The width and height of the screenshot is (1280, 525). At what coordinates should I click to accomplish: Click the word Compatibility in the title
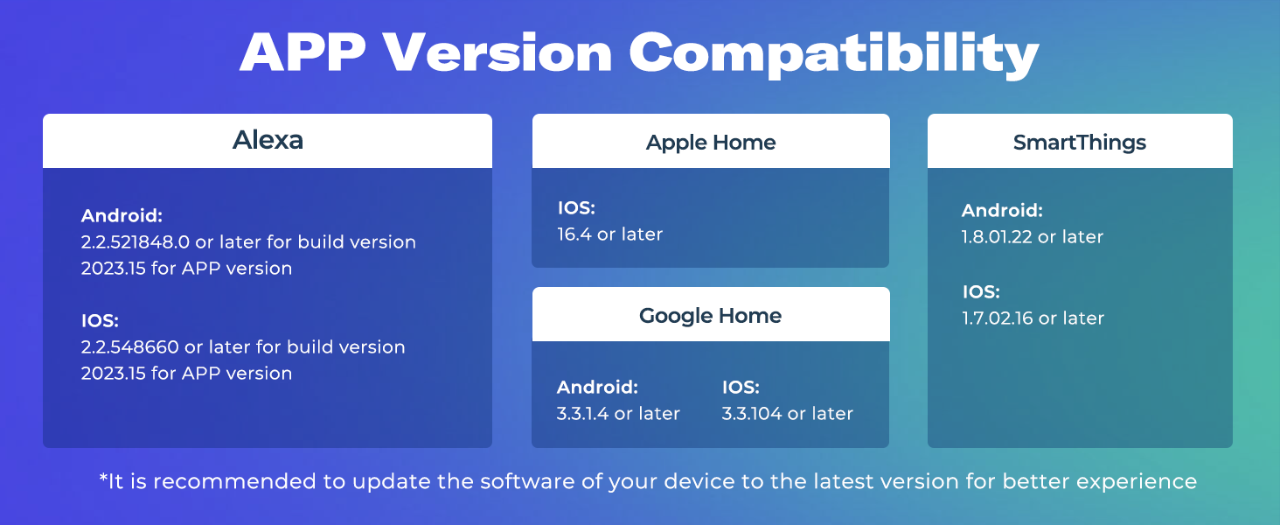coord(834,54)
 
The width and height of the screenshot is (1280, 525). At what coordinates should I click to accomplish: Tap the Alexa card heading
coord(268,140)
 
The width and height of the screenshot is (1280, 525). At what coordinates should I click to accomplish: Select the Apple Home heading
coord(711,143)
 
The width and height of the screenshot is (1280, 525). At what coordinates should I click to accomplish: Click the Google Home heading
coord(710,316)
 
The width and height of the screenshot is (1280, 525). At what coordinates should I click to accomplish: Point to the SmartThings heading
coord(1079,143)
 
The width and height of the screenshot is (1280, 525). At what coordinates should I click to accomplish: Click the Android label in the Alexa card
coord(122,216)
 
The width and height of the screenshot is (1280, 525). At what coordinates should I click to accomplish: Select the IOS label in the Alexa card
coord(100,321)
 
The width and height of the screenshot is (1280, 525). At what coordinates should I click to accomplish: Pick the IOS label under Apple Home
coord(576,208)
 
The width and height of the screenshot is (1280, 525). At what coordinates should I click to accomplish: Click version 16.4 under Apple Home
coord(574,234)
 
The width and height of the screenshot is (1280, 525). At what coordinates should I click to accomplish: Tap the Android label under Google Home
coord(598,387)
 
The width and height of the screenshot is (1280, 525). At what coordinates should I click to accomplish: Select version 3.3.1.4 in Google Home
coord(582,414)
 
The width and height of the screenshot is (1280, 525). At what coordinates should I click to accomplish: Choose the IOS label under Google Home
coord(741,387)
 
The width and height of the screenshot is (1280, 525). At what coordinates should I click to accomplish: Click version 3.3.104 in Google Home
coord(752,414)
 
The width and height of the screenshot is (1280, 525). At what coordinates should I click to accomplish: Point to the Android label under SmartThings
coord(1002,211)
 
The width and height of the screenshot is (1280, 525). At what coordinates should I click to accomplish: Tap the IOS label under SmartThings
coord(980,292)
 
